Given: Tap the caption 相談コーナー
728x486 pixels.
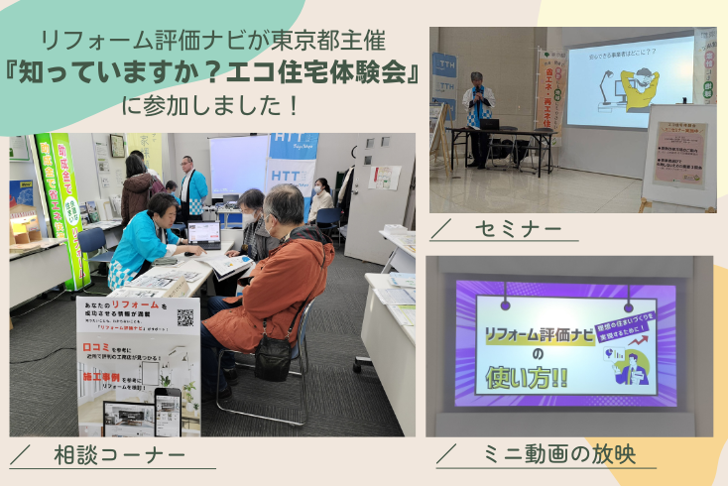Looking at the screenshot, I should [118, 454].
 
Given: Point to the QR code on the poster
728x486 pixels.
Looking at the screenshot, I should [184, 317].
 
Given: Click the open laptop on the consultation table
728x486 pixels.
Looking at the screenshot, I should [203, 235].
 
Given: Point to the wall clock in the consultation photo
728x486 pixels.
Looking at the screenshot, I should [117, 145].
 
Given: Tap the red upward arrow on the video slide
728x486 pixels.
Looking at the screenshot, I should [602, 343].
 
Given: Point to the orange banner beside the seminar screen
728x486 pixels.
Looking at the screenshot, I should [550, 89].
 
